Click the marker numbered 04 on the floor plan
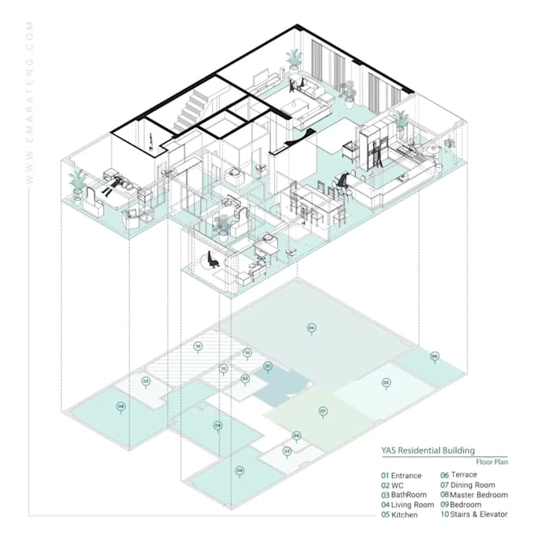(311, 327)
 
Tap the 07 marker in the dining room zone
(322, 411)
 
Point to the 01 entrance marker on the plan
(268, 367)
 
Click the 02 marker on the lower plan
(245, 379)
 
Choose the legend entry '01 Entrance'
(401, 476)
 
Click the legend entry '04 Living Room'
(408, 505)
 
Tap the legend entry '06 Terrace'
(459, 475)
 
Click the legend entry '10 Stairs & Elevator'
(474, 514)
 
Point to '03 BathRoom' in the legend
(404, 496)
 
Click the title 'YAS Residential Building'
(428, 451)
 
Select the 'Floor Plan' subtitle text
(492, 463)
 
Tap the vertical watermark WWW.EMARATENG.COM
(30, 102)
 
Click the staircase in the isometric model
(193, 106)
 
